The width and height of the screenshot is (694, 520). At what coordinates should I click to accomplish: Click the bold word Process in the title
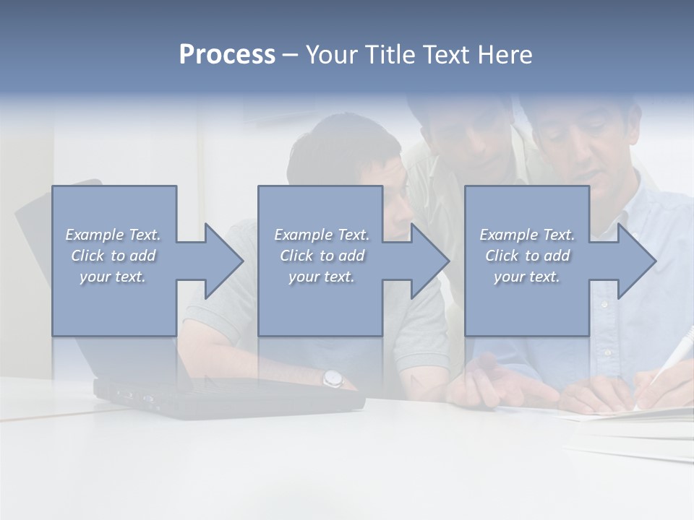[227, 55]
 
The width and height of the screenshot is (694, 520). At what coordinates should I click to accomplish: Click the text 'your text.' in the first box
[113, 277]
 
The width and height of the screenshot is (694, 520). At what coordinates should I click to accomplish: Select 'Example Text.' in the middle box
[321, 235]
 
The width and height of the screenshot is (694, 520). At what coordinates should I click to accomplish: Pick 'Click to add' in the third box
[527, 256]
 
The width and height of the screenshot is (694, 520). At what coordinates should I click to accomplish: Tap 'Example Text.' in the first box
[113, 235]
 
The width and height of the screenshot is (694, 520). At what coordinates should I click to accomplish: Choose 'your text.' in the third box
[527, 277]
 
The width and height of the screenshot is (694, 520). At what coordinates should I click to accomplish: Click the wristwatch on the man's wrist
[332, 377]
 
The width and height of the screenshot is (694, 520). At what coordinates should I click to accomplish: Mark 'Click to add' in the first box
[113, 256]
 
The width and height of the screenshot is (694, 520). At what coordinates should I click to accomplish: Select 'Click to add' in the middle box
[321, 256]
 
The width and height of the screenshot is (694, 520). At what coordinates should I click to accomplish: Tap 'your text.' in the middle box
[321, 277]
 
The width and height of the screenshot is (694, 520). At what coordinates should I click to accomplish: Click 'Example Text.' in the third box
[527, 235]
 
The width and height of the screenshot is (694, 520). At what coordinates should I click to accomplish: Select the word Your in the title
[332, 55]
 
